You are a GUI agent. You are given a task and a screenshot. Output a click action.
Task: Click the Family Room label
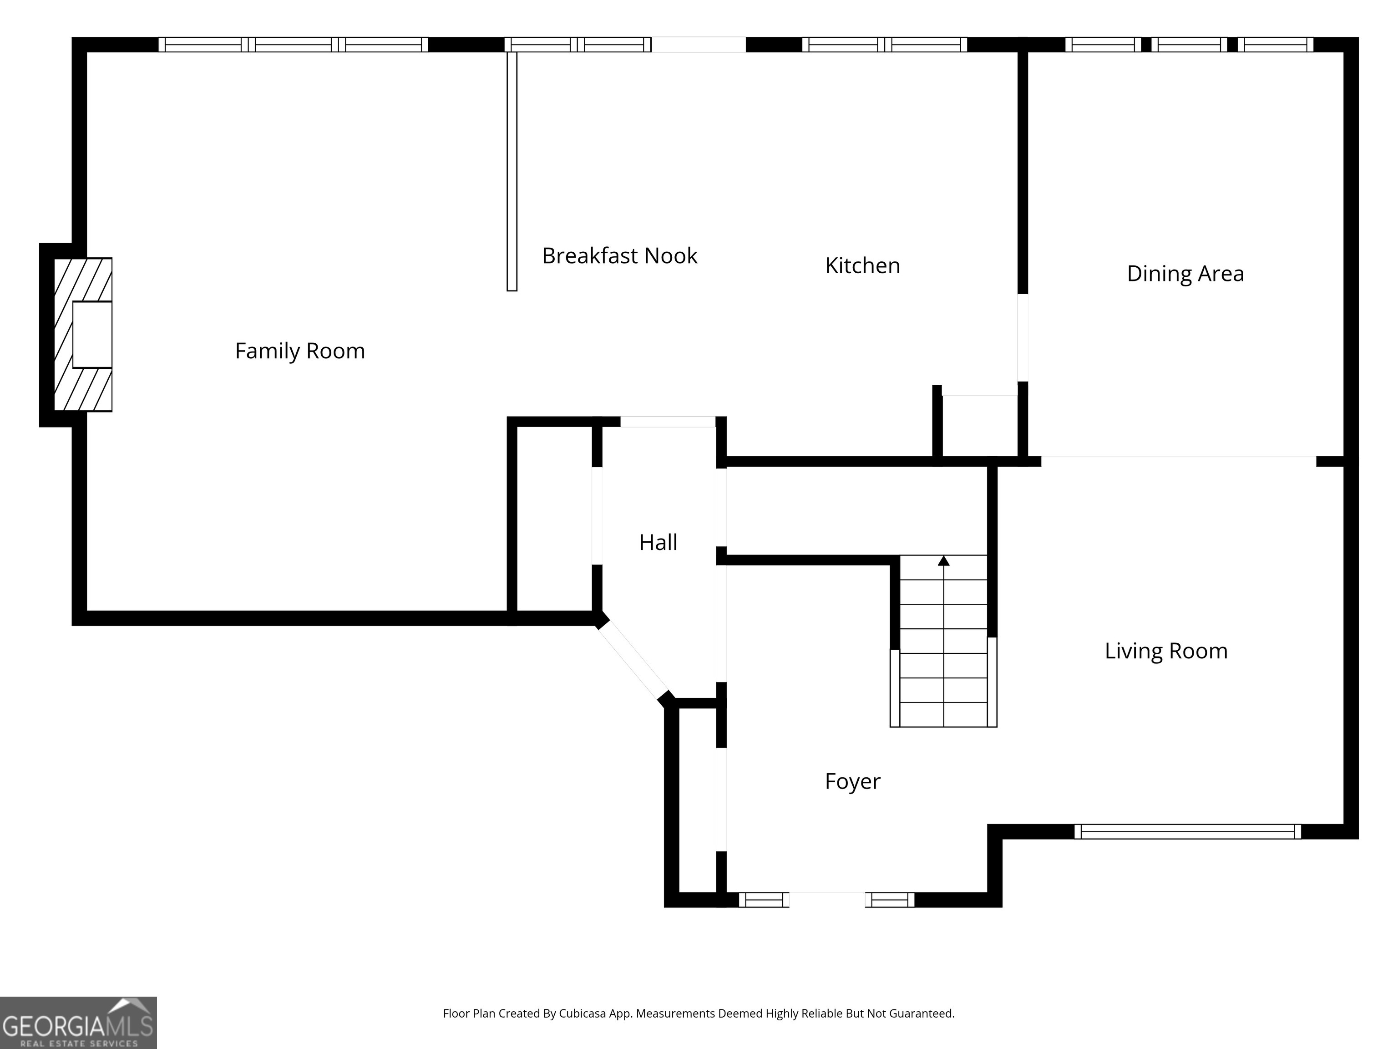pos(299,351)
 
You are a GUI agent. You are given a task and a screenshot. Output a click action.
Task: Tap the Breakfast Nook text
pos(619,255)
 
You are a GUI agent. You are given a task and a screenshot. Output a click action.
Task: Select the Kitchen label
pos(863,265)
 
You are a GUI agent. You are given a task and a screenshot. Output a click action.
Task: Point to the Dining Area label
pos(1185,274)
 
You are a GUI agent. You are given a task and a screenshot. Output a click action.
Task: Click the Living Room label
pos(1166,651)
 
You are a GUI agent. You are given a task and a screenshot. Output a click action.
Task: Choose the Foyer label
pos(852,782)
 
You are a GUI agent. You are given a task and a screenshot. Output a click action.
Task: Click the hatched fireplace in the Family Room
pos(83,335)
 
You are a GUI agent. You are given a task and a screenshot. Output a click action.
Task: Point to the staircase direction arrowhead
pos(943,560)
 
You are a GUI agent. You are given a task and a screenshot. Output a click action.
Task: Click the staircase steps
pos(943,641)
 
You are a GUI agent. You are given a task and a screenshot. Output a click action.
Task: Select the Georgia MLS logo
pos(78,1023)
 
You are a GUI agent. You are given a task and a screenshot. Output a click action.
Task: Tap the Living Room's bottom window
pos(1188,831)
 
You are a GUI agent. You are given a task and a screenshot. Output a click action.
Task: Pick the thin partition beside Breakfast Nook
pos(512,171)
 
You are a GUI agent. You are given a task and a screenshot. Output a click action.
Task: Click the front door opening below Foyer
pos(827,899)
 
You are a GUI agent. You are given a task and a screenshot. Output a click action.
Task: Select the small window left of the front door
pos(764,900)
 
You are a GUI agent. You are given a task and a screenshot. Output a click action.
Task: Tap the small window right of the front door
pos(890,900)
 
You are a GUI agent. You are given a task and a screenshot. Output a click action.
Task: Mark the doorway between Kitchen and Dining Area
pos(1023,338)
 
